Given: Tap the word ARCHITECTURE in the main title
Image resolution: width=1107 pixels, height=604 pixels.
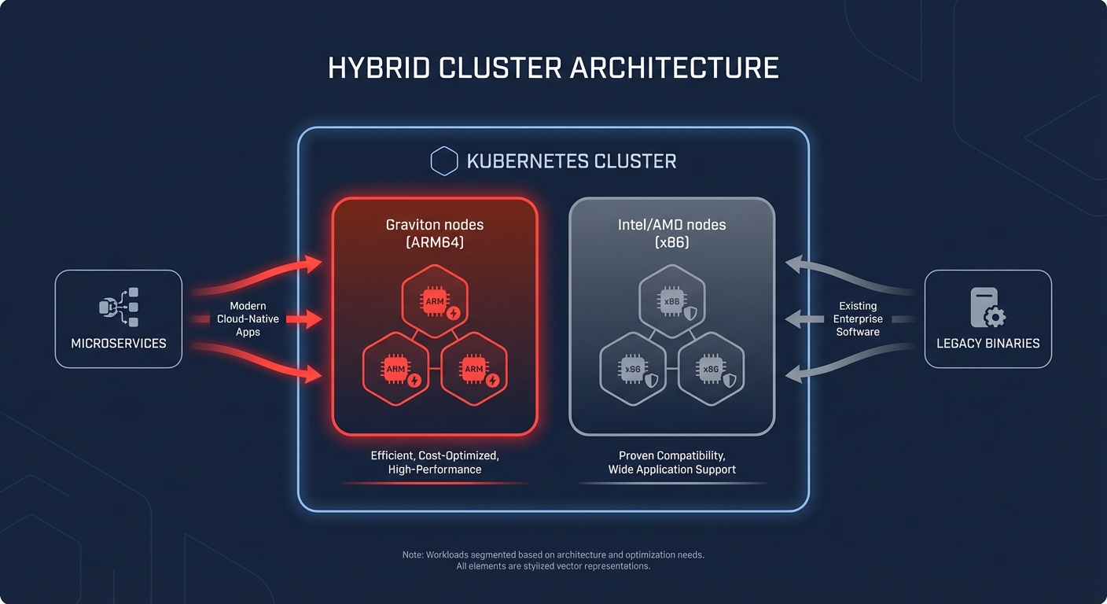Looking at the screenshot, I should tap(674, 68).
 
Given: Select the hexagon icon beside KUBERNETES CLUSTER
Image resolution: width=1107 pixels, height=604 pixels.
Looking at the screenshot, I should tap(444, 161).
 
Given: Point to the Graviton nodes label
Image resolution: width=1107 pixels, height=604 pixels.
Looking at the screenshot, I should tap(434, 225).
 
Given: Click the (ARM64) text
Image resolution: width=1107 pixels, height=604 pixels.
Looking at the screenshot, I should tap(434, 243).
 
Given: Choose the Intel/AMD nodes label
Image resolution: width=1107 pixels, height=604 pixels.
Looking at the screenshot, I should tap(671, 225).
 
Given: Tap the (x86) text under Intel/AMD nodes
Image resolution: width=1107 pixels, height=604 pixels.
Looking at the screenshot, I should tap(671, 243).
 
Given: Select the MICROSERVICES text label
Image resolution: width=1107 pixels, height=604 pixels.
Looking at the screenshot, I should tap(119, 344).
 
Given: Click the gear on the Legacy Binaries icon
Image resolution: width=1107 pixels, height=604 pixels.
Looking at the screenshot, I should tap(995, 318).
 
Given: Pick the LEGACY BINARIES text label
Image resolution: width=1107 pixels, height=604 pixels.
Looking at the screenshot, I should tap(987, 344).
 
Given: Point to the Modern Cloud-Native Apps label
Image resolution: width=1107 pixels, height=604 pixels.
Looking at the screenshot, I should tap(248, 319).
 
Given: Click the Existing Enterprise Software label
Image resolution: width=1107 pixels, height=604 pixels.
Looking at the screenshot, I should tap(858, 319).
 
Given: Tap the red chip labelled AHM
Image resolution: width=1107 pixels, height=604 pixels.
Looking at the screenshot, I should tap(395, 370).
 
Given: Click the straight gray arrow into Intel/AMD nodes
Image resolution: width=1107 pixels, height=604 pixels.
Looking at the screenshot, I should tap(802, 319).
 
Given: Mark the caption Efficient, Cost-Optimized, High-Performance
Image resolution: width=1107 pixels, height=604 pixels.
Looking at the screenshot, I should tap(435, 462).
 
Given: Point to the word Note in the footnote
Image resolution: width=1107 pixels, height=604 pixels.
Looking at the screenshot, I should tap(413, 555).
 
